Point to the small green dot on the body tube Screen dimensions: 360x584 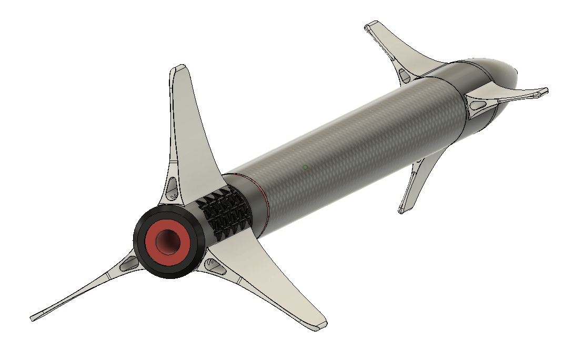point(305,167)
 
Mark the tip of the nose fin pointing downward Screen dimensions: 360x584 point(402,210)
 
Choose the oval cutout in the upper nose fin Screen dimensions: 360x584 point(405,76)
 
